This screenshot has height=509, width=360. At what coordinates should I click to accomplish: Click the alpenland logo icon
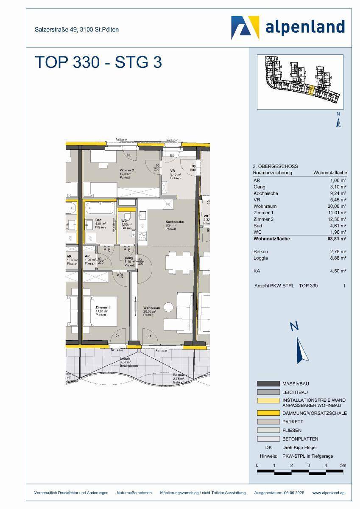click(x=245, y=28)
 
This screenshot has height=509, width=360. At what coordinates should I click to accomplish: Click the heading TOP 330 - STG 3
click(x=98, y=62)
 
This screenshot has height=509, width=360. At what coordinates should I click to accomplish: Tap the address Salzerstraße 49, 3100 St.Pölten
click(x=76, y=30)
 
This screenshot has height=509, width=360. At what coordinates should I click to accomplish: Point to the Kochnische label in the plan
click(x=174, y=222)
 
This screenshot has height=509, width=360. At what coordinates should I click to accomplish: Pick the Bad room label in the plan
click(x=98, y=220)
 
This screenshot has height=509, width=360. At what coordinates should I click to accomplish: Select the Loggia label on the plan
click(x=125, y=358)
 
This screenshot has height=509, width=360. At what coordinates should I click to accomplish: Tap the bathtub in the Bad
click(x=99, y=209)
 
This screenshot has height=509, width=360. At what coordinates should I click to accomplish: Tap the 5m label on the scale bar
click(x=343, y=465)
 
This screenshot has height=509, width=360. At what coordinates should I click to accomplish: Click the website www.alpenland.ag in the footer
click(x=328, y=493)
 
